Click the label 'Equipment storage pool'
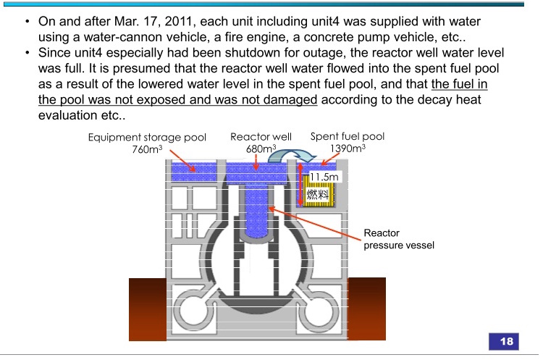(x=147, y=137)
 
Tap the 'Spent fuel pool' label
(x=348, y=136)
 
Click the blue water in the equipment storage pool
(x=194, y=172)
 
